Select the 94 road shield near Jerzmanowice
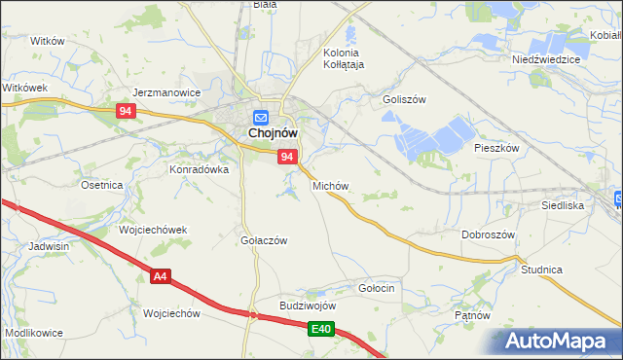124,112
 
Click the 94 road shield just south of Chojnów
286,157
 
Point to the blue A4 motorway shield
161,277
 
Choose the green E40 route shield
322,331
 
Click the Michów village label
330,185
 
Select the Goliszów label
405,99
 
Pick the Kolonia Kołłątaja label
342,58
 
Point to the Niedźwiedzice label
546,59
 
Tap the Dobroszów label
488,234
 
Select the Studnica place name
542,269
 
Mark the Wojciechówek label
153,230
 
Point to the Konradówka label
200,168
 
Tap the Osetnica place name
101,185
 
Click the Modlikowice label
34,333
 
